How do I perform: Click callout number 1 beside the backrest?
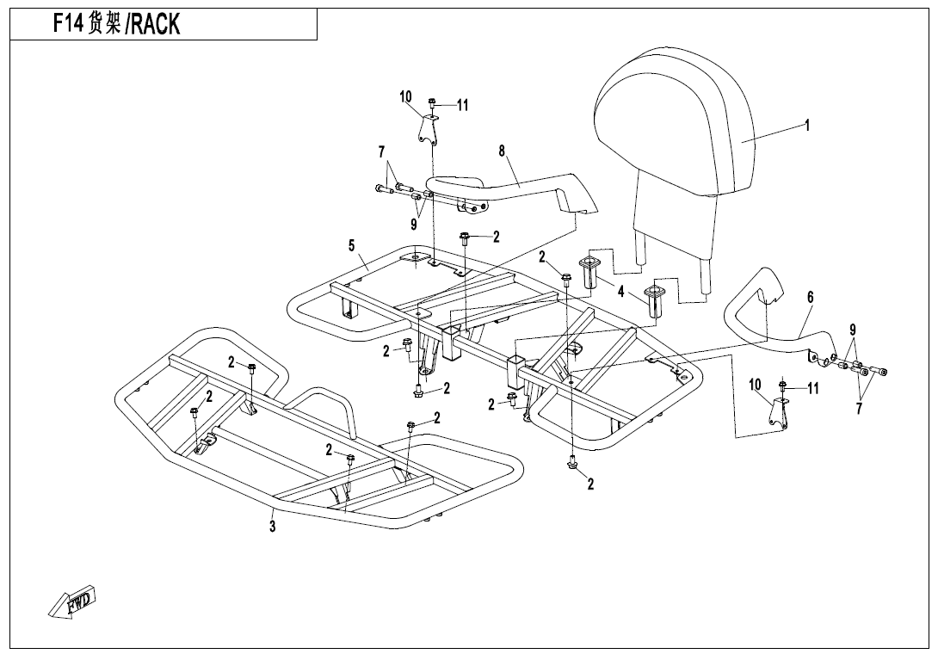pyautogui.click(x=807, y=125)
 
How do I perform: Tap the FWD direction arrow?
pyautogui.click(x=72, y=602)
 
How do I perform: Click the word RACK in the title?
pyautogui.click(x=156, y=25)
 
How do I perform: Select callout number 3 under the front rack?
pyautogui.click(x=273, y=527)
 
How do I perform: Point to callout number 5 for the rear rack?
pyautogui.click(x=351, y=246)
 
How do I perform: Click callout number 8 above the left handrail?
pyautogui.click(x=502, y=151)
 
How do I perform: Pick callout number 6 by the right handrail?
pyautogui.click(x=810, y=297)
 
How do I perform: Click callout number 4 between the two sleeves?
pyautogui.click(x=620, y=292)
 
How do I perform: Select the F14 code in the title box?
pyautogui.click(x=69, y=24)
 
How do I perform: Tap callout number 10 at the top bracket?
pyautogui.click(x=406, y=96)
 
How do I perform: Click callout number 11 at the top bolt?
pyautogui.click(x=462, y=105)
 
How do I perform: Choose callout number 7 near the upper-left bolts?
pyautogui.click(x=381, y=152)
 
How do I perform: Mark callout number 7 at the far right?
pyautogui.click(x=858, y=409)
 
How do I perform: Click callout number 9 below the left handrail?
pyautogui.click(x=413, y=225)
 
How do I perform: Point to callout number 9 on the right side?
pyautogui.click(x=853, y=330)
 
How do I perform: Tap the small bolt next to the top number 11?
pyautogui.click(x=433, y=103)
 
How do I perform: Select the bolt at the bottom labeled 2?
pyautogui.click(x=571, y=465)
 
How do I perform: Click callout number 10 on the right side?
pyautogui.click(x=755, y=384)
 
